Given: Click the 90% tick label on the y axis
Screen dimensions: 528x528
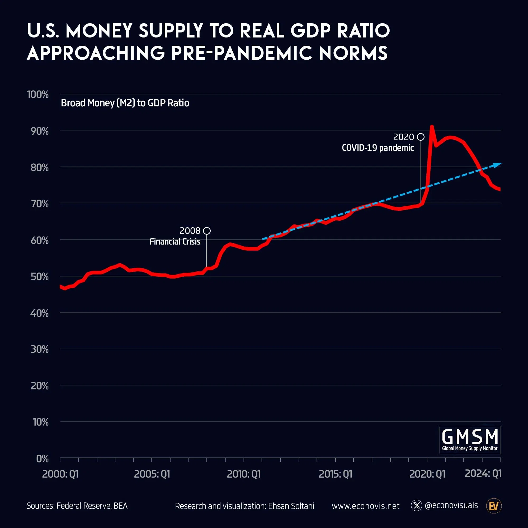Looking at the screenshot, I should tap(40, 131).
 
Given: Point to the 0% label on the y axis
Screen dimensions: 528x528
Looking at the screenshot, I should tap(42, 459).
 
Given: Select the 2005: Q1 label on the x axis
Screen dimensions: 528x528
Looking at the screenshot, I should tap(152, 474).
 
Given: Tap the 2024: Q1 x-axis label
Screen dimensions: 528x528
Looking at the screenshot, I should tap(483, 473).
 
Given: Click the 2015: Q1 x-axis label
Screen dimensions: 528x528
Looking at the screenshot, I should tap(335, 474).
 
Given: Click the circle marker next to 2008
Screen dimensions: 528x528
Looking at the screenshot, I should tap(207, 231).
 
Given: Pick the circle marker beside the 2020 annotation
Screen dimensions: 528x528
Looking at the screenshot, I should tap(421, 137).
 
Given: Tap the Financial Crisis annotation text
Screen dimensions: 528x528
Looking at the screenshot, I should tap(175, 242).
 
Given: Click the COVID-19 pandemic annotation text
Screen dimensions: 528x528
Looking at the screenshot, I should tap(378, 148).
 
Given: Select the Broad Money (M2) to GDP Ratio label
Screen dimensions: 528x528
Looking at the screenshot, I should tap(125, 103).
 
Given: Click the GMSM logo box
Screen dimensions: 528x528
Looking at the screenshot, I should tap(470, 440).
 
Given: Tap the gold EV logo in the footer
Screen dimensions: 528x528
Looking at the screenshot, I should tap(494, 506).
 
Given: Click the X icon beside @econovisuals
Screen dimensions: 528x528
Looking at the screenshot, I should tap(417, 506).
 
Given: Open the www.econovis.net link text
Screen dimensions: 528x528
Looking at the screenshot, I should tap(365, 506).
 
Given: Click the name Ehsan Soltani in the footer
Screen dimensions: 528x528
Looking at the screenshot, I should tap(291, 506).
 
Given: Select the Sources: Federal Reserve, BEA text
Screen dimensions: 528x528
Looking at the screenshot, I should tap(77, 506).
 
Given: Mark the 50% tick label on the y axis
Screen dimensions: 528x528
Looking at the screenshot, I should tap(40, 277).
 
